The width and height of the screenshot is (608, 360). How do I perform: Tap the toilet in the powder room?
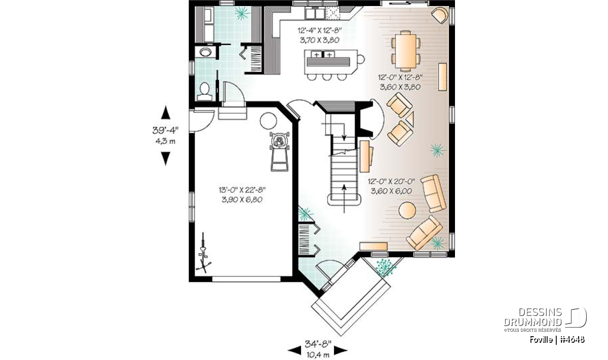pos(204,92)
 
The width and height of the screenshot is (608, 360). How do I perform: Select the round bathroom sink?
pos(206,52)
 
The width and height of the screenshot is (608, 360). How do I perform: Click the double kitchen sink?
pos(315,13)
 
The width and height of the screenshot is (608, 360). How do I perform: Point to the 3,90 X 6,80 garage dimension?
pos(242,199)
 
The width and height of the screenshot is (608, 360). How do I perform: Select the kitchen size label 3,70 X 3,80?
pos(320,40)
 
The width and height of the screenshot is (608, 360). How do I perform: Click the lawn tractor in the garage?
pos(280,151)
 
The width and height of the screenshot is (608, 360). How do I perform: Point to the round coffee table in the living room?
pos(407,210)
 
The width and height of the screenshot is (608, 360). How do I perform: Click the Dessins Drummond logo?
pos(545,319)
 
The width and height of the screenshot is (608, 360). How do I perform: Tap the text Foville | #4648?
pos(557,339)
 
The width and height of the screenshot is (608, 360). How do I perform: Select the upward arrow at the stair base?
pos(344,198)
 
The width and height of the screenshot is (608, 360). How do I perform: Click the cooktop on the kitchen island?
pos(323,55)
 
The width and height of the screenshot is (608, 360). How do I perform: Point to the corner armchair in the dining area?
pos(440,16)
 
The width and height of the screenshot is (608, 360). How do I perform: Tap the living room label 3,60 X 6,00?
pos(391,191)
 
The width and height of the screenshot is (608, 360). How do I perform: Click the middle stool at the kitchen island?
pos(327,76)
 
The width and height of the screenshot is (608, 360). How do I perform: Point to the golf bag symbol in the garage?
pos(203,253)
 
